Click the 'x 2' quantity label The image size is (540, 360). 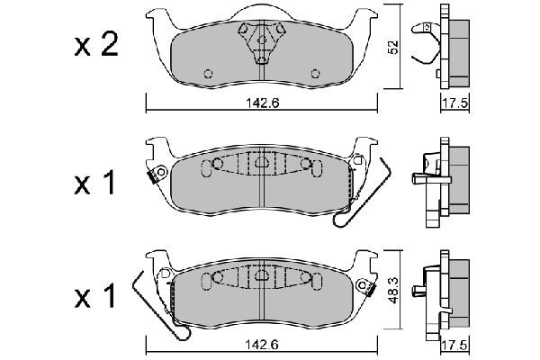coord(96,45)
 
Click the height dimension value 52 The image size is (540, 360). coord(393,47)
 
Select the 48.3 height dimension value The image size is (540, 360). coord(393,291)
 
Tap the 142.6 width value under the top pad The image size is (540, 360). coord(263,103)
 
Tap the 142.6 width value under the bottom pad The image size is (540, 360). coord(263,344)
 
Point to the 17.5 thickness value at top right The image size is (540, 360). coord(454,103)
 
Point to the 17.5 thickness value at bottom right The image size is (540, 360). coord(454,345)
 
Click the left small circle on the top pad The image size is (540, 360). coord(209,74)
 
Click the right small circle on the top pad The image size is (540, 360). coord(315,74)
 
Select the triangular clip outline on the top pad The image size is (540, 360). coord(262,42)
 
